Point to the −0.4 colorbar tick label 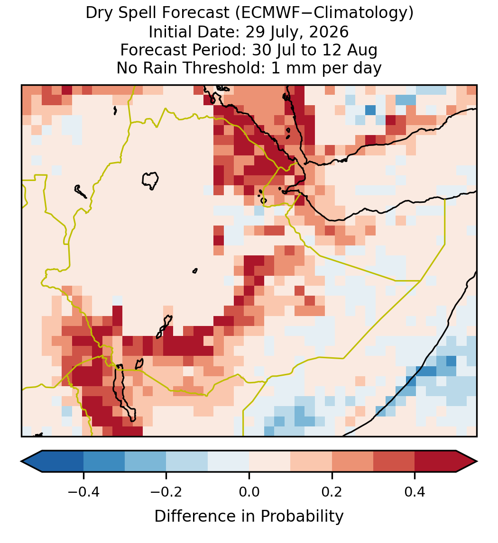[x=83, y=492]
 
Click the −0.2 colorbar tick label [x=166, y=492]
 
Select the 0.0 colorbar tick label [x=249, y=492]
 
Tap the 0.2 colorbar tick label [x=332, y=492]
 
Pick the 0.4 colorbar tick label [x=415, y=492]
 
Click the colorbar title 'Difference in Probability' [x=249, y=516]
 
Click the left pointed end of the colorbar [x=21, y=462]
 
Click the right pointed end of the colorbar [x=477, y=462]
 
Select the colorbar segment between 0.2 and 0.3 [x=352, y=462]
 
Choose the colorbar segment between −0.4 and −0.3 [x=104, y=462]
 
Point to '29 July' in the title [x=275, y=33]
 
